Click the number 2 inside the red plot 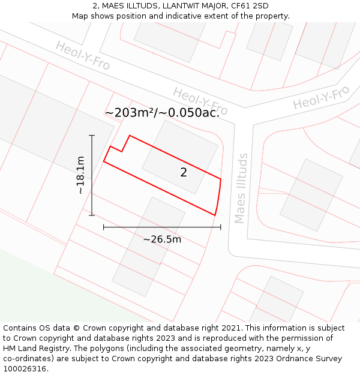point(184,173)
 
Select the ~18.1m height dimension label point(80,175)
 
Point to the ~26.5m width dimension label point(162,239)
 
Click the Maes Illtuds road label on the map point(241,188)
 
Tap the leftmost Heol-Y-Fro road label point(83,55)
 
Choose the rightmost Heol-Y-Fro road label point(321,97)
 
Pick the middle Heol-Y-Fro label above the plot point(200,101)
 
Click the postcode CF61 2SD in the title point(247,6)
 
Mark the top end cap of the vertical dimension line point(92,136)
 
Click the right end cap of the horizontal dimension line point(221,227)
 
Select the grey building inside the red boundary point(180,157)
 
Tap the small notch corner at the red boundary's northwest point(122,151)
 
